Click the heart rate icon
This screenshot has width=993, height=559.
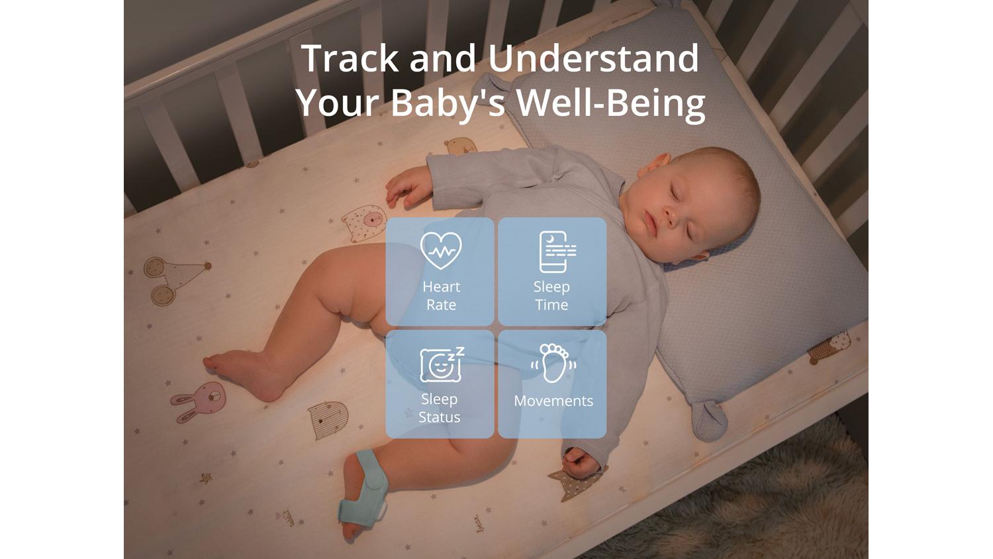[441, 250]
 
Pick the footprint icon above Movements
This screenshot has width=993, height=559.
[553, 363]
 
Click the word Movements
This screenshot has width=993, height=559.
[553, 401]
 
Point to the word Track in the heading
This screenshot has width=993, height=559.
[350, 58]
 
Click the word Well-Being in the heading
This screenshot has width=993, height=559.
[611, 103]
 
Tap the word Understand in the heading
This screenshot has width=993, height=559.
[593, 58]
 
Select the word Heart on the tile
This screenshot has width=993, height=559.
[441, 287]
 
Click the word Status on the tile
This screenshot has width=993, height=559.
[440, 417]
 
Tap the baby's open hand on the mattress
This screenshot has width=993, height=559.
[408, 187]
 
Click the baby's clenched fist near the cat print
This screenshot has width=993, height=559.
[581, 463]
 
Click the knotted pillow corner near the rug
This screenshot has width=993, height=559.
[709, 420]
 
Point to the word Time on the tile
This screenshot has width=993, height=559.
[551, 305]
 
